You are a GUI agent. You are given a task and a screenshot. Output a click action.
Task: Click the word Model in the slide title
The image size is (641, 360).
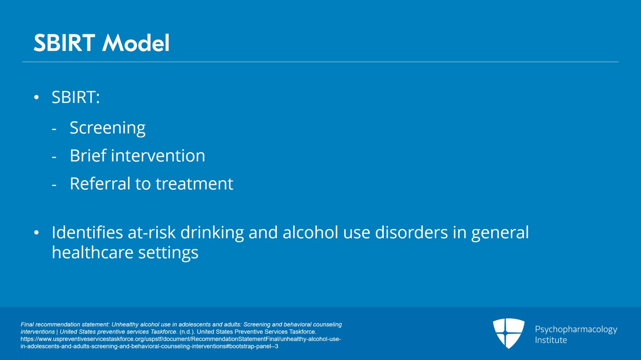click(136, 43)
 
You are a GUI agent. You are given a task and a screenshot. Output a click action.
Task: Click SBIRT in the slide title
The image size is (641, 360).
click(64, 43)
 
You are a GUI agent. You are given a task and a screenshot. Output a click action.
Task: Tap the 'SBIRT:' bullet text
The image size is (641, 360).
click(75, 97)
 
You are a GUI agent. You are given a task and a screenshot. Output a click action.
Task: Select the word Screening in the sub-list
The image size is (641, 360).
click(107, 128)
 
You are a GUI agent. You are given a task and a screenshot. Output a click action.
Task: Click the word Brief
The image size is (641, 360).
click(88, 156)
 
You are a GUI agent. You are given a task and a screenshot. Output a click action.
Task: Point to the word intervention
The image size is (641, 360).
click(158, 156)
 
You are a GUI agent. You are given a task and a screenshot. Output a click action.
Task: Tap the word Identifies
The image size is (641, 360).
click(87, 233)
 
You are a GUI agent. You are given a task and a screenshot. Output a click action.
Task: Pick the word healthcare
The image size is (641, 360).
click(93, 253)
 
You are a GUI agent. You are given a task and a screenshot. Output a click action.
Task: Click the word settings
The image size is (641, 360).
click(168, 253)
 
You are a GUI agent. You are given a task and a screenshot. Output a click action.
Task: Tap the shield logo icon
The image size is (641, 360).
click(508, 333)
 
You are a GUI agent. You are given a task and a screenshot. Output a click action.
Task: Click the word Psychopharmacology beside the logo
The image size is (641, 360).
click(576, 330)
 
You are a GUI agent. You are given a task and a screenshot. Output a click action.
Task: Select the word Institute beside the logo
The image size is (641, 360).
click(551, 340)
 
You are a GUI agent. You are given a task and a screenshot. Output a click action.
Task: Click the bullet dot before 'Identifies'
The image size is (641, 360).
click(36, 233)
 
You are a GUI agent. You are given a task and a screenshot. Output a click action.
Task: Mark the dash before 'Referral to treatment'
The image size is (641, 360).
click(54, 185)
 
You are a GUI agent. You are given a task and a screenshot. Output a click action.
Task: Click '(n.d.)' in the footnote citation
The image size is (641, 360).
click(187, 332)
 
